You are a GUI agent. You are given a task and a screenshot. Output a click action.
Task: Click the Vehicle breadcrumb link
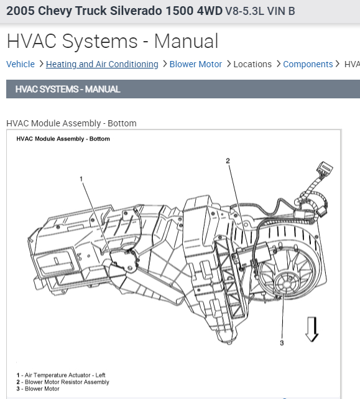tap(21, 64)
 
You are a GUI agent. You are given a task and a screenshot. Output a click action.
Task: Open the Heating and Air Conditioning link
tap(102, 64)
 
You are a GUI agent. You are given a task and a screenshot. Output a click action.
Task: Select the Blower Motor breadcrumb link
tap(195, 64)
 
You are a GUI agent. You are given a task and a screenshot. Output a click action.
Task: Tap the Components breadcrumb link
tap(308, 64)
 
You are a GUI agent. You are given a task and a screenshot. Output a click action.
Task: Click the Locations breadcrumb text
tap(252, 64)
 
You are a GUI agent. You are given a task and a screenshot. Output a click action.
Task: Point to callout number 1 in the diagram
tap(81, 179)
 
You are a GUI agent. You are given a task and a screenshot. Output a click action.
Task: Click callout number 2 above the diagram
tap(228, 161)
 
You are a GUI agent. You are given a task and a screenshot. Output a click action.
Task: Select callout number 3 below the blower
tap(282, 343)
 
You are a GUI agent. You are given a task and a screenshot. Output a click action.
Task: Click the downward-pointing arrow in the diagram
tap(312, 329)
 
